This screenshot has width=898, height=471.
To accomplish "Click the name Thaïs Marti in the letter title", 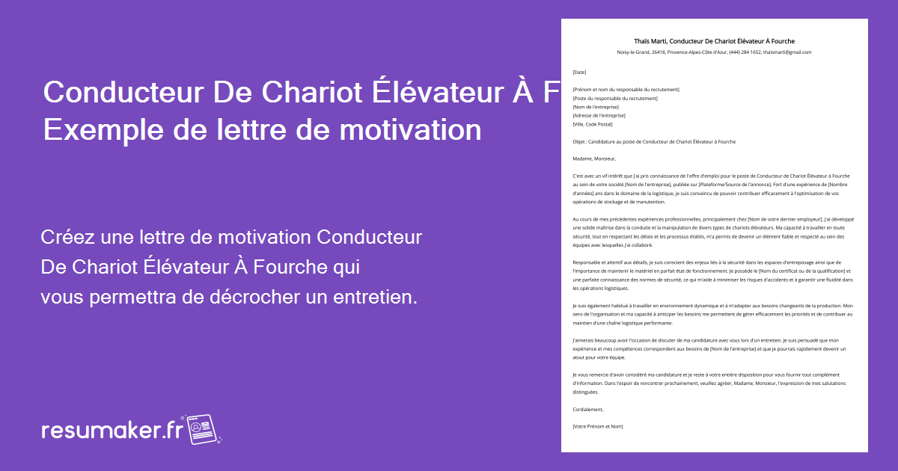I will click(x=650, y=40).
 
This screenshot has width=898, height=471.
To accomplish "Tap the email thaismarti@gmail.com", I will click(x=786, y=52).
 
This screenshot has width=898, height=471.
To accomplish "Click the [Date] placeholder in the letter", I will click(x=579, y=73).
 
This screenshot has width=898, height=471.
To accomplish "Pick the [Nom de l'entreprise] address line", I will click(x=596, y=107).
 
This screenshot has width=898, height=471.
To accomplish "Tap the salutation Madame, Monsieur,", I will click(x=593, y=158).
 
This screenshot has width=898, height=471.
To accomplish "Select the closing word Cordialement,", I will click(x=587, y=409).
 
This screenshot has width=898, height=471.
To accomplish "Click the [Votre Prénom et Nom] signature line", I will click(x=597, y=426).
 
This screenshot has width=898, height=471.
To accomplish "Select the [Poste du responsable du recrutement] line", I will click(x=614, y=98).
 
